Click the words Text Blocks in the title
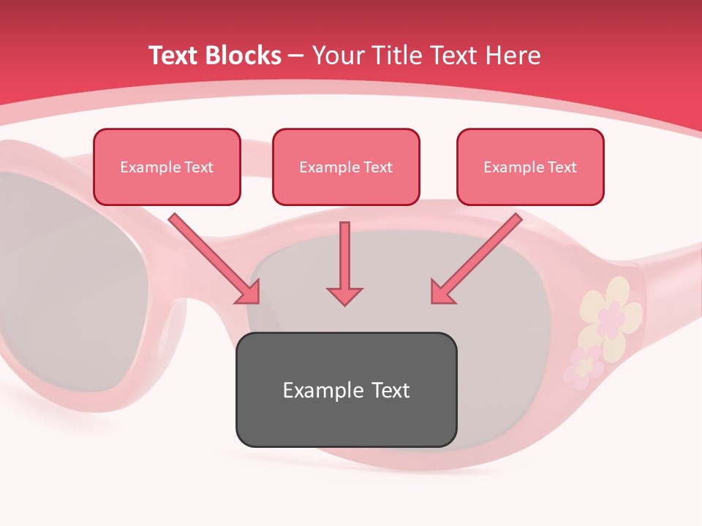[x=214, y=56]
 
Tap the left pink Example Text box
[x=167, y=167]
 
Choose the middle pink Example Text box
[x=346, y=167]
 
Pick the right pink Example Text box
[x=530, y=167]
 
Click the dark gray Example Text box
[x=346, y=389]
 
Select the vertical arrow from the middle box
[x=344, y=256]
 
